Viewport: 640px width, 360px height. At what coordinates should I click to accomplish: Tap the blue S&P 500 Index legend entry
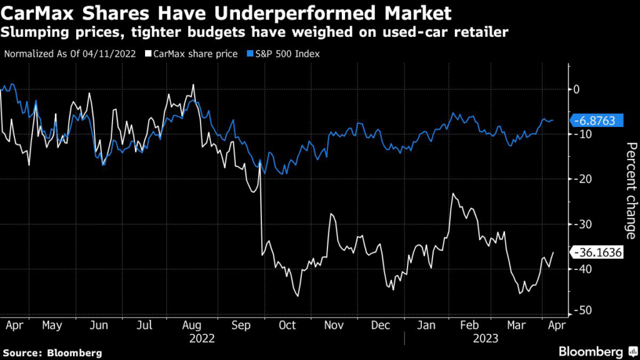pyautogui.click(x=284, y=54)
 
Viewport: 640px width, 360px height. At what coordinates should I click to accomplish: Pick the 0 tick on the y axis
pyautogui.click(x=577, y=89)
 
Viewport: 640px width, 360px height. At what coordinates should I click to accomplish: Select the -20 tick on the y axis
pyautogui.click(x=582, y=179)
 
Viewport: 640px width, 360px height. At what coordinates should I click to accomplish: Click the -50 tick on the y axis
pyautogui.click(x=582, y=311)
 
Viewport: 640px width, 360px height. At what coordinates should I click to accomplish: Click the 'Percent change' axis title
pyautogui.click(x=631, y=191)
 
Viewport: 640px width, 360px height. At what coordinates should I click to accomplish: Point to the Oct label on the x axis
pyautogui.click(x=288, y=325)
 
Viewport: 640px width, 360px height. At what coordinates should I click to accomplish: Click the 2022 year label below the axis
pyautogui.click(x=202, y=338)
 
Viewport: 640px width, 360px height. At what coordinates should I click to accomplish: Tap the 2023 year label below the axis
pyautogui.click(x=485, y=338)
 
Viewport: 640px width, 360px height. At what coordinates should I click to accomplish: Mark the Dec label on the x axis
pyautogui.click(x=381, y=325)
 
